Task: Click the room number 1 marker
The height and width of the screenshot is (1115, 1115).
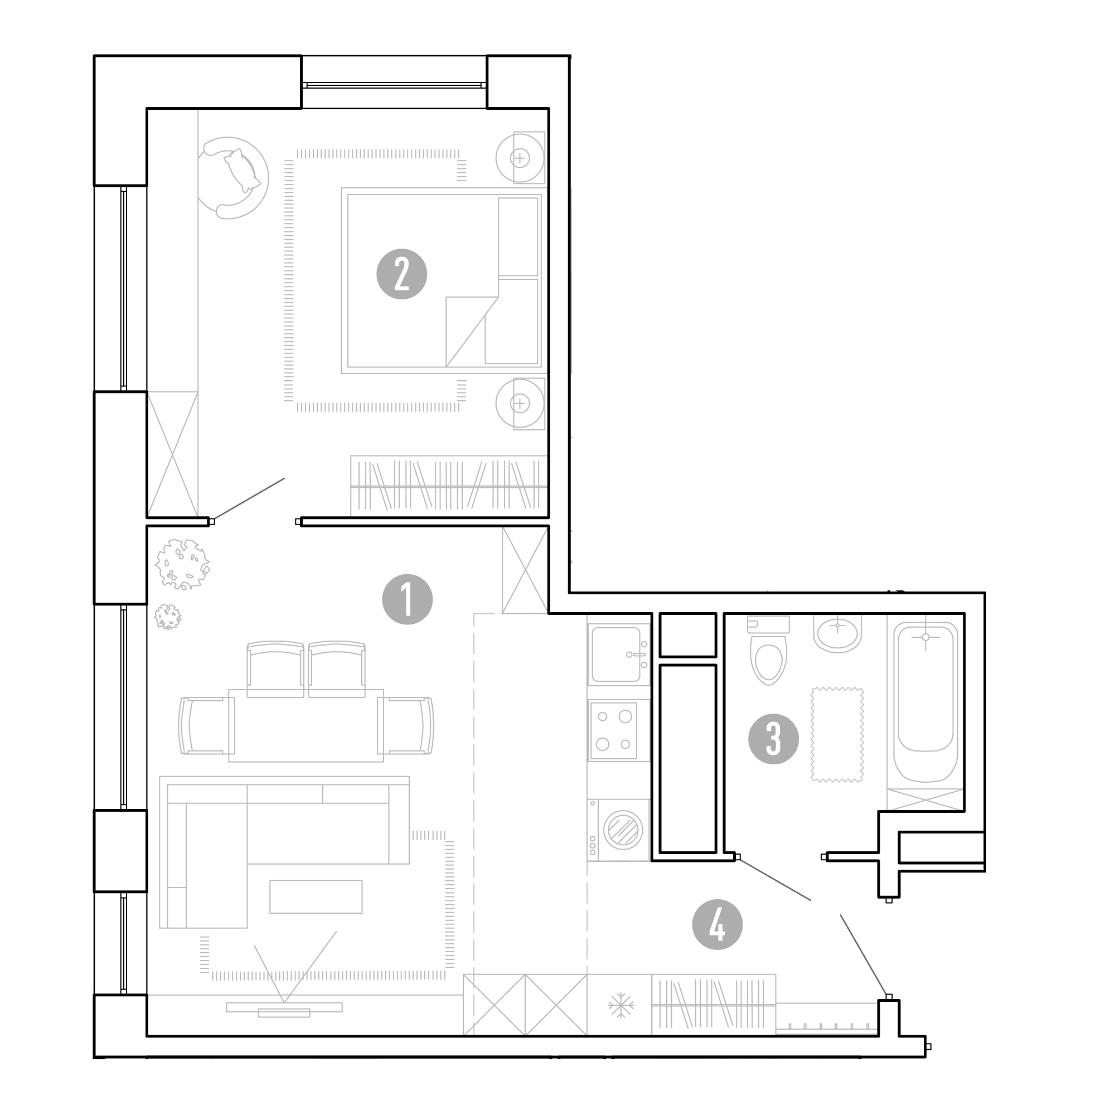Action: point(407,599)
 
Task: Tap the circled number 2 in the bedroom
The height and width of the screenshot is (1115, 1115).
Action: point(401,274)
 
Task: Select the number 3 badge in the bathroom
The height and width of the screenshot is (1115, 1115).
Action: point(773,739)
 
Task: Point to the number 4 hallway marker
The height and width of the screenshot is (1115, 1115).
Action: point(718,924)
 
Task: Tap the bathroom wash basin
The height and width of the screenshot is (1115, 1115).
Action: point(837,633)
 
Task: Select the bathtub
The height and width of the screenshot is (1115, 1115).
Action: point(925,702)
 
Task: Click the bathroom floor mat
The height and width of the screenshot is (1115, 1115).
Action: point(837,735)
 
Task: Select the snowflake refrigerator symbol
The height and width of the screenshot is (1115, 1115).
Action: point(620,1005)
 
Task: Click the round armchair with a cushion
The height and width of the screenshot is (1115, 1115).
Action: point(232,177)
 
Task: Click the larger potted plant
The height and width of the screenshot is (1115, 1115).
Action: point(182,564)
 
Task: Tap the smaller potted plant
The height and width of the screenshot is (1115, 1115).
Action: point(167,617)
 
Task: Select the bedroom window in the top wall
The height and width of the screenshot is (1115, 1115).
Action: point(394,85)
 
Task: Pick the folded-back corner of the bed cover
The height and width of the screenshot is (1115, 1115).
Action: point(472,331)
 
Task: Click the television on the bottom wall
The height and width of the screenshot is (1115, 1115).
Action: point(284,1007)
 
